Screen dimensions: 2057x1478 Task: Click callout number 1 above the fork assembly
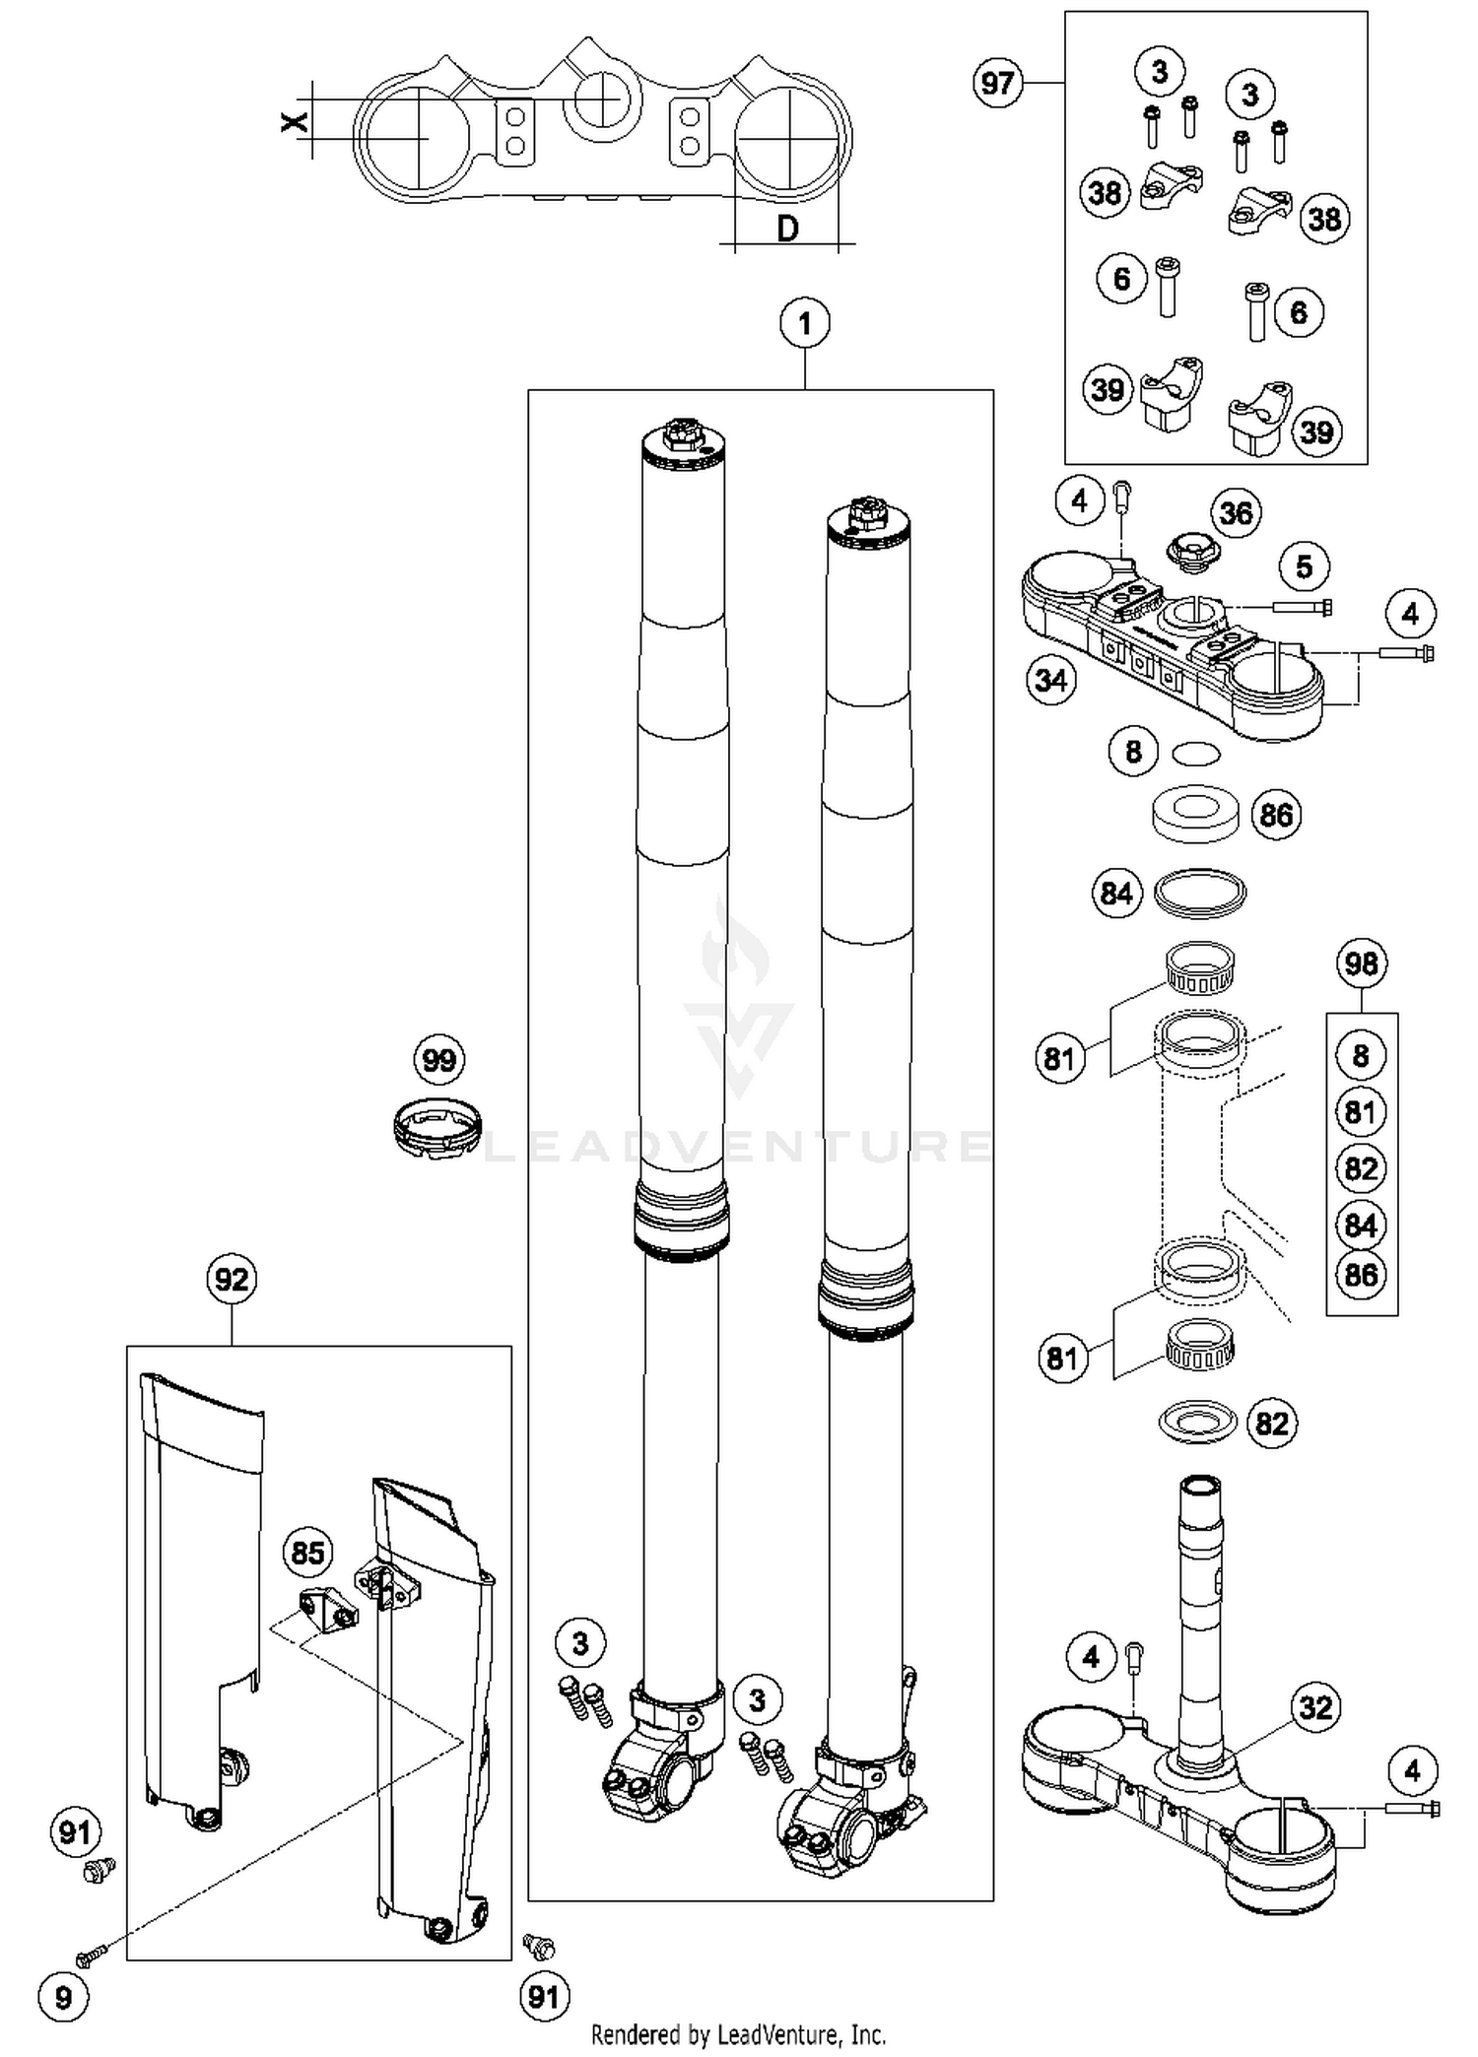(x=804, y=323)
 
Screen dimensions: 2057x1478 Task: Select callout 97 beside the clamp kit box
(x=997, y=83)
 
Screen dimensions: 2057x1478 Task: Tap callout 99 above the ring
(x=438, y=1060)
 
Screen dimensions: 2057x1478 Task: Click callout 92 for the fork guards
(x=232, y=1280)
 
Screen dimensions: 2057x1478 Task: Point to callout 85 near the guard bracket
(x=307, y=1554)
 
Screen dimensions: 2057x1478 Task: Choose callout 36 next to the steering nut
(x=1236, y=512)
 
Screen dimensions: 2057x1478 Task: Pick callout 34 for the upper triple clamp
(x=1050, y=680)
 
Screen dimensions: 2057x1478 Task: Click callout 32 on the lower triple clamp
(x=1315, y=1706)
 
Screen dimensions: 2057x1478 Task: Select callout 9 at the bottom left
(x=63, y=1997)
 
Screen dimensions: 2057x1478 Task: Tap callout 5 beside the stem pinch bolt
(x=1304, y=566)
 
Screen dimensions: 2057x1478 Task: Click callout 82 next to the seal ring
(x=1271, y=1424)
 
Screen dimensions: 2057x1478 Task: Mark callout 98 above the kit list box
(x=1361, y=962)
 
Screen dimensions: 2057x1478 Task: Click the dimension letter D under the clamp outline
(x=787, y=230)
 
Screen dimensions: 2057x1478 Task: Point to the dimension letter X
(x=294, y=122)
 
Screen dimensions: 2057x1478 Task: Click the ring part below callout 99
(x=437, y=1127)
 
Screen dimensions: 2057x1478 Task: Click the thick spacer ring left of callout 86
(x=1194, y=814)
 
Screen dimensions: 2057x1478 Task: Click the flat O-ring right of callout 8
(x=1195, y=754)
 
